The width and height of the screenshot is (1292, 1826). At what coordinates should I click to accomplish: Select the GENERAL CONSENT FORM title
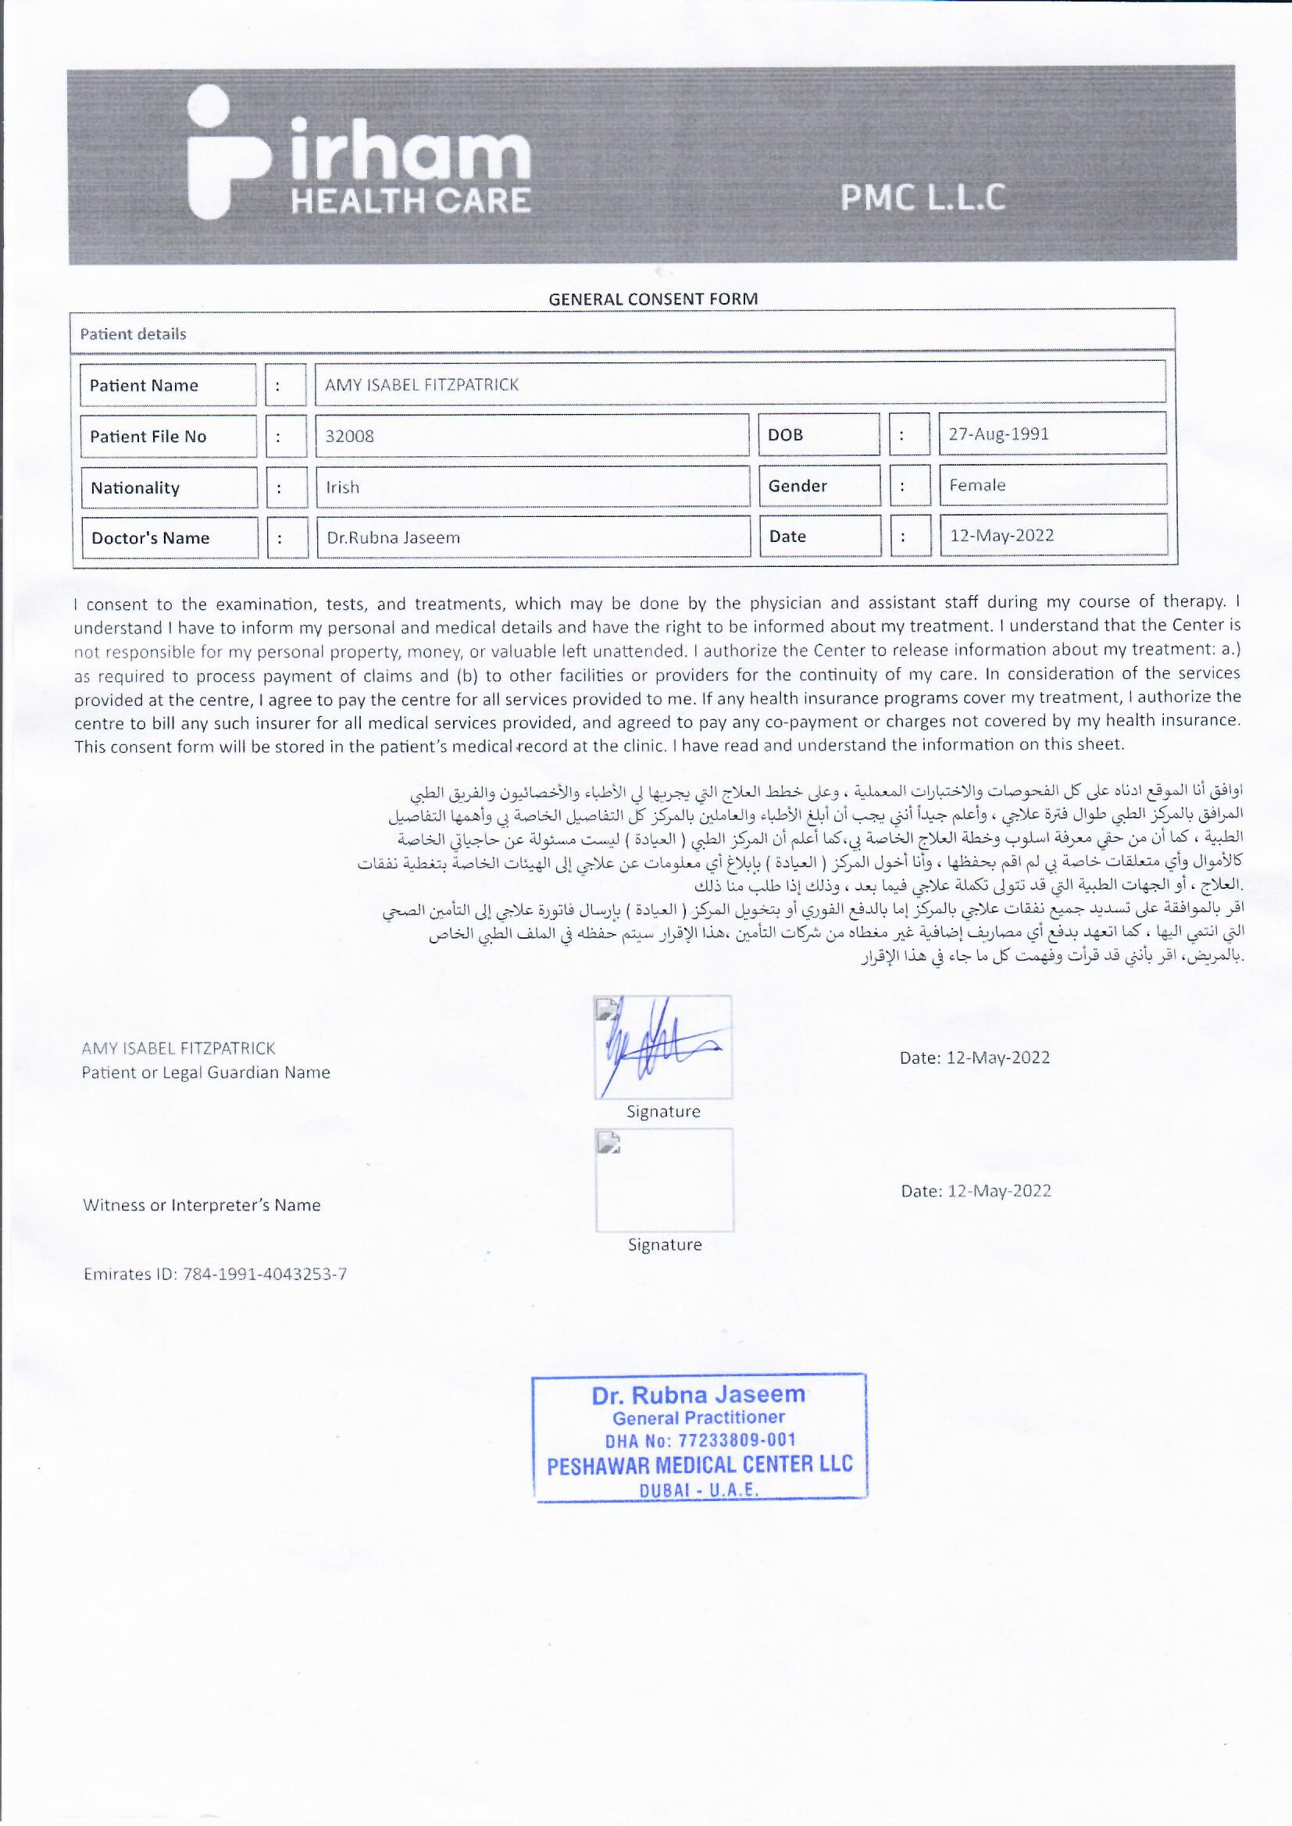tap(652, 299)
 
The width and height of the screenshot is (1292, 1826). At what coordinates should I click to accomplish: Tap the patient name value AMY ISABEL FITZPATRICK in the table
tap(422, 385)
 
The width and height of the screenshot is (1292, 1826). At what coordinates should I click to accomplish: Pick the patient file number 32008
tap(350, 436)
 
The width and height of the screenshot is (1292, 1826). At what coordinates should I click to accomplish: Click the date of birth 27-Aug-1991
tap(998, 434)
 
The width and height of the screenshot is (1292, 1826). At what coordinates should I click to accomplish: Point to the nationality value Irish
tap(343, 487)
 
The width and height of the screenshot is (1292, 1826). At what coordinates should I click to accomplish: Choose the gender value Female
tap(977, 485)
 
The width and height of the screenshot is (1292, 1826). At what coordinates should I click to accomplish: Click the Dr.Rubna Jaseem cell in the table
tap(393, 537)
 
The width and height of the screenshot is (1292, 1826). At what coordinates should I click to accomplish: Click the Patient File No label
tap(148, 436)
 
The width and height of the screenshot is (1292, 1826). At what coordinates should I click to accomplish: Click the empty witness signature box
tap(664, 1180)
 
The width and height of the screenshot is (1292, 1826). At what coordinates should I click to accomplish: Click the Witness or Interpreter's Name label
tap(202, 1205)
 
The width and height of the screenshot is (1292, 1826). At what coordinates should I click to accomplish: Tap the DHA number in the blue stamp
tap(700, 1440)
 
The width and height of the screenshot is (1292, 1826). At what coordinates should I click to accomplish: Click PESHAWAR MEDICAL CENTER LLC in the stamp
tap(699, 1465)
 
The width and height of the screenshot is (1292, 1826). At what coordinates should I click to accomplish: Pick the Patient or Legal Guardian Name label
tap(205, 1072)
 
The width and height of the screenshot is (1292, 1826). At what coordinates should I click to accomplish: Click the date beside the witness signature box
tap(976, 1190)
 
